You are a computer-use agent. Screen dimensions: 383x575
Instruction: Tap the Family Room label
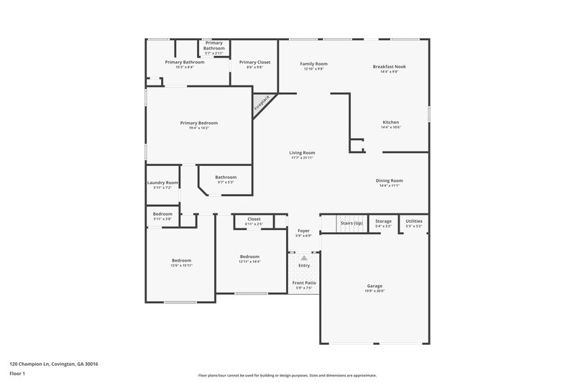(313, 64)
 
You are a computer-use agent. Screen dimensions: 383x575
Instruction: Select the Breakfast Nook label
(390, 66)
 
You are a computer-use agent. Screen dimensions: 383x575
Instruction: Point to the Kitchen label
(390, 122)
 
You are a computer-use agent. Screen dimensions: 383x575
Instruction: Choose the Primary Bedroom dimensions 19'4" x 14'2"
(198, 128)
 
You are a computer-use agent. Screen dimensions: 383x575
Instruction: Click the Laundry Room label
(162, 183)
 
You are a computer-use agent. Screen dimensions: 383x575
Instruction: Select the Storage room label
(383, 221)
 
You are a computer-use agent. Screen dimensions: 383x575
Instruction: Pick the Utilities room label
(414, 221)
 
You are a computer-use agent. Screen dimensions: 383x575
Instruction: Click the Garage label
(374, 285)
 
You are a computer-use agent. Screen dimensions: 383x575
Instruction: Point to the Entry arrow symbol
(304, 257)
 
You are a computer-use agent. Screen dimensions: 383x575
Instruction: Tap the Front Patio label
(304, 282)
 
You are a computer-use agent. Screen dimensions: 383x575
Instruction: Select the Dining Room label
(389, 180)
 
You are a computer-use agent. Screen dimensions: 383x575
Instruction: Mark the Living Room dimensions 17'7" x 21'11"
(303, 157)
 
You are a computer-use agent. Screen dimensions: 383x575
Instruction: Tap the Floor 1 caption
(18, 374)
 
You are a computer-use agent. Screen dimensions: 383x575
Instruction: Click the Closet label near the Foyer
(254, 218)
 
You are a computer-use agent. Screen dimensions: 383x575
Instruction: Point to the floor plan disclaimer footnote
(287, 375)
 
